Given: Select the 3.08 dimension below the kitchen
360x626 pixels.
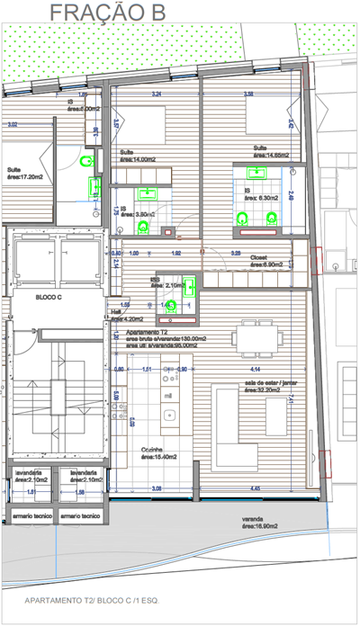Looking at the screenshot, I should (156, 488).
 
